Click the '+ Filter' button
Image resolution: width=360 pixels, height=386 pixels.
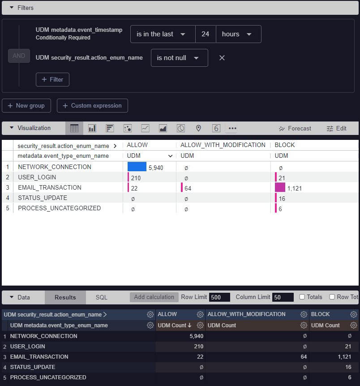coord(52,79)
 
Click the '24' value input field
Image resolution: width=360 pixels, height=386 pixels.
coord(206,34)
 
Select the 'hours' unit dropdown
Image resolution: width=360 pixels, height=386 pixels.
coord(238,34)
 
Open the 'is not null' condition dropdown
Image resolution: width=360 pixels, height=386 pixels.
coord(179,58)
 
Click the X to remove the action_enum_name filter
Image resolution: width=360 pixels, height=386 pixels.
coord(222,58)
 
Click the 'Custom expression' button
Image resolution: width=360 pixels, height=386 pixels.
coord(92,106)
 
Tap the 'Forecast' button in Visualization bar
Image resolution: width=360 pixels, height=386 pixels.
coord(295,128)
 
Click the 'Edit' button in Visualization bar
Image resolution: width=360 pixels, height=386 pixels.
coord(336,128)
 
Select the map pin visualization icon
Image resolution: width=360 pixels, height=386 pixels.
coord(198,128)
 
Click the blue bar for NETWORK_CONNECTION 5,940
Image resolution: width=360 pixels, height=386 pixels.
coord(137,167)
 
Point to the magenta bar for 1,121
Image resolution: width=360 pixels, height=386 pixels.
coord(280,187)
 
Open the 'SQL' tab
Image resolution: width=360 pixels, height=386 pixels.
coord(102,297)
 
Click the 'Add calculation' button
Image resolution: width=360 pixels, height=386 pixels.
coord(154,297)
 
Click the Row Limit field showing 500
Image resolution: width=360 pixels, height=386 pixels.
coord(219,297)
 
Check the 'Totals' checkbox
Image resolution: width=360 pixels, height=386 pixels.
coord(302,297)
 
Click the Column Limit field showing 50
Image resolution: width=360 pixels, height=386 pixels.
coord(283,297)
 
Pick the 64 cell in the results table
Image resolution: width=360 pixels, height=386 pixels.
coord(303,357)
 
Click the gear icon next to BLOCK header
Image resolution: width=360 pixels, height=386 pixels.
coord(353,314)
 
